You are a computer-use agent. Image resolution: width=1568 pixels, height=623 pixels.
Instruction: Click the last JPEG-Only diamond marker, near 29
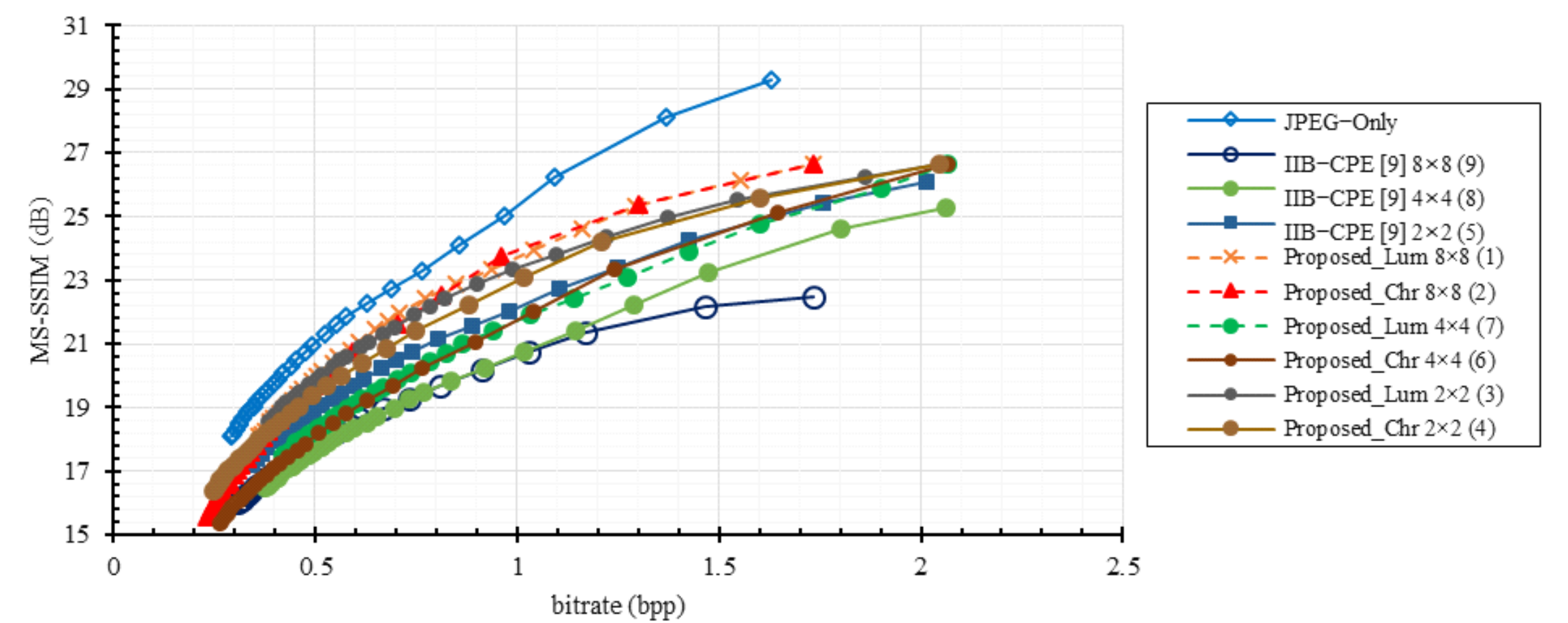pyautogui.click(x=770, y=80)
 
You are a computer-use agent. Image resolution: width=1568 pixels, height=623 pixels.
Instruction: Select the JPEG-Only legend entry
pyautogui.click(x=1340, y=122)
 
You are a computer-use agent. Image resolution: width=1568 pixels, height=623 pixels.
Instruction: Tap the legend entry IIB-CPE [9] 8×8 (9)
pyautogui.click(x=1383, y=164)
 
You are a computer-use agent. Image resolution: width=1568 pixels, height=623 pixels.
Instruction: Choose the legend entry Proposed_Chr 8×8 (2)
pyautogui.click(x=1389, y=292)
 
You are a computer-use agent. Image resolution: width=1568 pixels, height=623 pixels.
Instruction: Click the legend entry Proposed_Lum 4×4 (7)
pyautogui.click(x=1393, y=326)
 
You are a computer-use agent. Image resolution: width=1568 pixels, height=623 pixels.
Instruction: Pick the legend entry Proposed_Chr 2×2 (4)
pyautogui.click(x=1389, y=428)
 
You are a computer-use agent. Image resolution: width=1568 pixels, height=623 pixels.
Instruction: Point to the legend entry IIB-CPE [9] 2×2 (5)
pyautogui.click(x=1383, y=232)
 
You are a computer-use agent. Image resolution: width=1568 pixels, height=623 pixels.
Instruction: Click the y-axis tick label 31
pyautogui.click(x=76, y=27)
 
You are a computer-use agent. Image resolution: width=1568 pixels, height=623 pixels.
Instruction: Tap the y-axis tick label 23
pyautogui.click(x=76, y=281)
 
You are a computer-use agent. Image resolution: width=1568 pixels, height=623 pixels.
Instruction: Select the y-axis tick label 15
pyautogui.click(x=76, y=534)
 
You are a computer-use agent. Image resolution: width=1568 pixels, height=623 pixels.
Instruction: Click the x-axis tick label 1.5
pyautogui.click(x=719, y=567)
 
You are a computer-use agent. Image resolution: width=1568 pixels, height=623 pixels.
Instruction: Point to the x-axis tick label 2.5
pyautogui.click(x=1123, y=567)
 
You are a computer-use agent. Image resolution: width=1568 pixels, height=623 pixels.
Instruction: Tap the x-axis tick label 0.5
pyautogui.click(x=315, y=567)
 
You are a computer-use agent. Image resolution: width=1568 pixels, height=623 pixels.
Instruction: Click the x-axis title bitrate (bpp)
pyautogui.click(x=618, y=605)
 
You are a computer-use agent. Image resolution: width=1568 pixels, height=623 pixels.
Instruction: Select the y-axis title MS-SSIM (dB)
pyautogui.click(x=41, y=280)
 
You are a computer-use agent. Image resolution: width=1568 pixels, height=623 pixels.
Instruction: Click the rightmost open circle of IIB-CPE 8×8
pyautogui.click(x=813, y=298)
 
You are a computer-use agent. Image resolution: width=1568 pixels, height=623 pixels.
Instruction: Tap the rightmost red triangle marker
pyautogui.click(x=813, y=164)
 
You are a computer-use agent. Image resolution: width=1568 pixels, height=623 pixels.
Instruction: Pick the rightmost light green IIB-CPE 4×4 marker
pyautogui.click(x=945, y=208)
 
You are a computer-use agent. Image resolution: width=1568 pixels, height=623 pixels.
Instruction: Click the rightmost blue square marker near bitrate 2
pyautogui.click(x=926, y=182)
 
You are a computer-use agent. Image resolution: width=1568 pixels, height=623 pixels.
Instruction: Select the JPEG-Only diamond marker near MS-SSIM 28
pyautogui.click(x=666, y=117)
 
